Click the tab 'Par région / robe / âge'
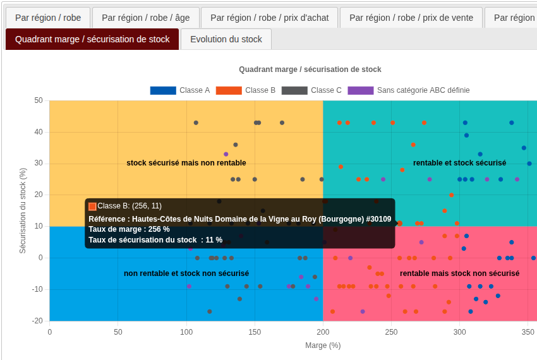pos(145,18)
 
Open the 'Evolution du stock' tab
pos(226,39)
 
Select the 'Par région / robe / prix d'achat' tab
pos(269,18)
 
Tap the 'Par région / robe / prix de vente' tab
pos(411,18)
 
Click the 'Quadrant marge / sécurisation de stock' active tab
pos(92,39)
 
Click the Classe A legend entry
pos(180,90)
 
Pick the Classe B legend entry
pos(246,90)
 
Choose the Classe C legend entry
pos(311,90)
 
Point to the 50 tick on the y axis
pos(39,100)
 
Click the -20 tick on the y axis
pos(37,321)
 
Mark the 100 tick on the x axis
pos(186,332)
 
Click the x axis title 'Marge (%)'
pos(323,345)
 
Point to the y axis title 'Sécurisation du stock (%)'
pos(23,210)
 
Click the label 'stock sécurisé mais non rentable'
pos(186,163)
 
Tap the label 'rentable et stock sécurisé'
pos(459,163)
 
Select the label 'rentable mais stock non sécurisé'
pos(459,273)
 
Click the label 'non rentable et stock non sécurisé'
pos(186,273)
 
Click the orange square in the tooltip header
pos(92,206)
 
